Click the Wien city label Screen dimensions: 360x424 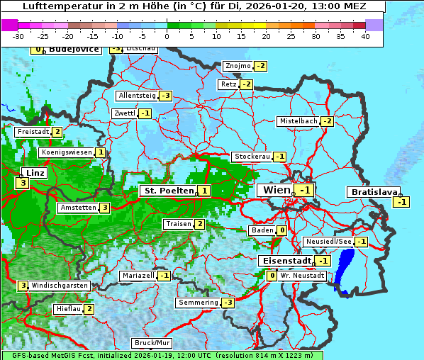(x=276, y=190)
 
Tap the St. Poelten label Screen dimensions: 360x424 (x=167, y=191)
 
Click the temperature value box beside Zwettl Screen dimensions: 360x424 (x=145, y=113)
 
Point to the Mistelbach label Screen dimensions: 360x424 (x=298, y=121)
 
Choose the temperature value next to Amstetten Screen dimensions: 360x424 (x=104, y=208)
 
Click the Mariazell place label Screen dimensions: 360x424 (x=138, y=275)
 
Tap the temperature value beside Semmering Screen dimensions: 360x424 (x=228, y=303)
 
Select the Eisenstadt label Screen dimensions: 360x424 (x=286, y=261)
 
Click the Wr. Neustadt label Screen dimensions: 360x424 (x=303, y=275)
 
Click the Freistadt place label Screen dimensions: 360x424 (x=33, y=132)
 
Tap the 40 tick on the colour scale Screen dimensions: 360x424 (x=365, y=36)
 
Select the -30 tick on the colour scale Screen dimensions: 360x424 (x=18, y=36)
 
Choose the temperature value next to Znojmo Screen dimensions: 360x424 (x=260, y=66)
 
